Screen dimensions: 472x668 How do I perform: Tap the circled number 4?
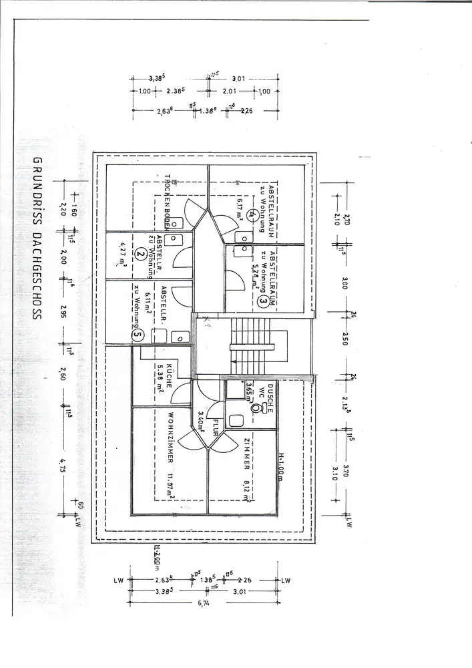(250, 215)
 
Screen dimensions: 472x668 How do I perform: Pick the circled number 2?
(140, 253)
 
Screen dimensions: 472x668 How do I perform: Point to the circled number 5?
(138, 335)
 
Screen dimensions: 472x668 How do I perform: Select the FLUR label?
(216, 428)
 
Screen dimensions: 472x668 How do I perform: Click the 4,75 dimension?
(63, 464)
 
